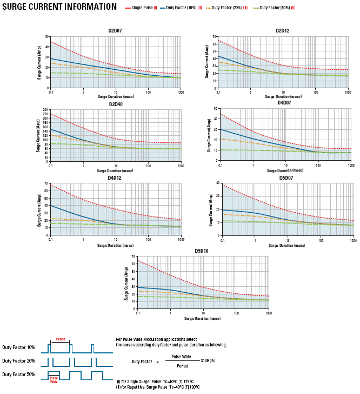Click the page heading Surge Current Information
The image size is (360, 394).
(59, 7)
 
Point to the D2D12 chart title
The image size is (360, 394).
(282, 31)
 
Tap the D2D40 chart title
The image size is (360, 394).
(115, 104)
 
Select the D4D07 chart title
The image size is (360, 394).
(284, 102)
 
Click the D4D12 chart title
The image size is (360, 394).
(115, 178)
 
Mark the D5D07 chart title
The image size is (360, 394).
(286, 178)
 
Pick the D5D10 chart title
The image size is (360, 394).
(202, 251)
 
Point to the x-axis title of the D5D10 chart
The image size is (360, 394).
(203, 319)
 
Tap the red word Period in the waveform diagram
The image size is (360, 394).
(61, 339)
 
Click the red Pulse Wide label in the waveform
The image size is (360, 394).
(54, 379)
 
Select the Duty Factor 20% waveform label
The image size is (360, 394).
(19, 361)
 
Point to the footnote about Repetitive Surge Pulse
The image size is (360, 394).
(158, 387)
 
